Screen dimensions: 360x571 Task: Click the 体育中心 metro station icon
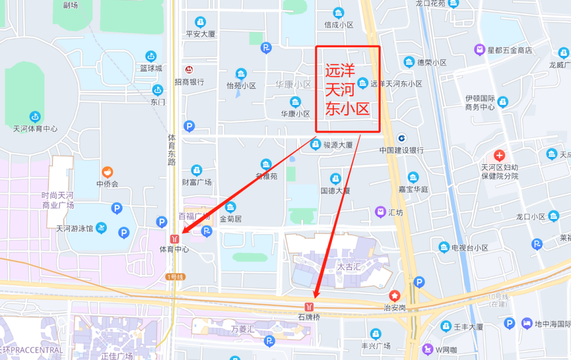174,238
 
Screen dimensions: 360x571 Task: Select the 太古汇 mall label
349,267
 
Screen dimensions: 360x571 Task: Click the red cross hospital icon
499,155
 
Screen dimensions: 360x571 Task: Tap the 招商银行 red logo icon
189,70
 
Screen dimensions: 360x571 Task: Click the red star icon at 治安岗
394,295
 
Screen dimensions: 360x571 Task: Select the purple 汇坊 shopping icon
380,212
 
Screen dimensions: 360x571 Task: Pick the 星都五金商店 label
510,50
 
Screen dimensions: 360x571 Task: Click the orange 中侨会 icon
107,172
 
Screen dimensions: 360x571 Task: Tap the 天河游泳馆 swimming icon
102,228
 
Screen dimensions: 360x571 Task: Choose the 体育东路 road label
171,150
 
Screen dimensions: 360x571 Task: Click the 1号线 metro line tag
175,277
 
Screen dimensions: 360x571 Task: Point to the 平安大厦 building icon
200,22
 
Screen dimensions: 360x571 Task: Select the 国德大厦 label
335,190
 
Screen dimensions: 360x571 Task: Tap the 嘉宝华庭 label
413,189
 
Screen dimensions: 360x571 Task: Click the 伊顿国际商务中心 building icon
503,101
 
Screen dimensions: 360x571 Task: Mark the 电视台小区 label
469,247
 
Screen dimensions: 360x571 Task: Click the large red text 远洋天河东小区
347,89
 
